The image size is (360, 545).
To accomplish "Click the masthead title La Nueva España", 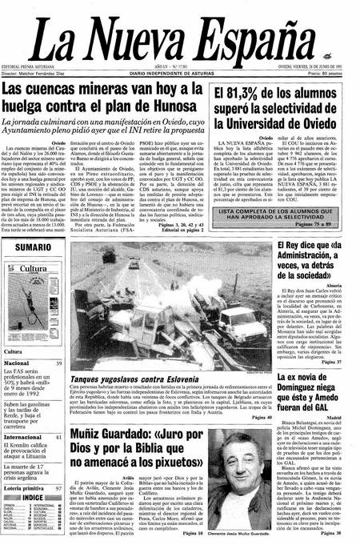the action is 179,32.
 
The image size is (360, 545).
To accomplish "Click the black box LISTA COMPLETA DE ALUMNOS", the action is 278,215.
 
